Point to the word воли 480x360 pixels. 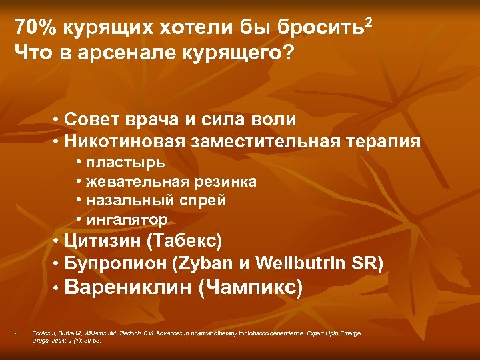(270, 120)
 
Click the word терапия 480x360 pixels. (388, 142)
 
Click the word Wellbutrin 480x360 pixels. (305, 263)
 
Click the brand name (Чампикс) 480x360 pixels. (251, 287)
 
